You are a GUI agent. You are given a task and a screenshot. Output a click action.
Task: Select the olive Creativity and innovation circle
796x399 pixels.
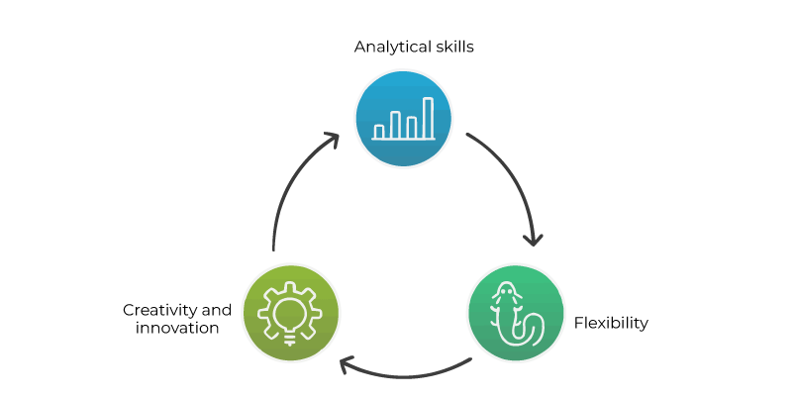point(290,314)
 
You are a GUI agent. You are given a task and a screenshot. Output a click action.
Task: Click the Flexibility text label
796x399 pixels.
point(611,323)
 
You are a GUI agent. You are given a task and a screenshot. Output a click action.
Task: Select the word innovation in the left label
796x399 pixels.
point(177,328)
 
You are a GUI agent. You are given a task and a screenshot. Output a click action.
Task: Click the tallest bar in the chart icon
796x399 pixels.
point(428,117)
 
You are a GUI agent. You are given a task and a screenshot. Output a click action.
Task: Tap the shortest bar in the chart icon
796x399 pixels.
point(379,131)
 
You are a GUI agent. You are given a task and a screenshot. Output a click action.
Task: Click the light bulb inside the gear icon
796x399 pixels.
point(290,314)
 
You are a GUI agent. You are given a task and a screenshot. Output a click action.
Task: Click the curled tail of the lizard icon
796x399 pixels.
point(532,330)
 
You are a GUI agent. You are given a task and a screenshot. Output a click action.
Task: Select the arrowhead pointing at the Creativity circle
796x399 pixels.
point(347,365)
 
